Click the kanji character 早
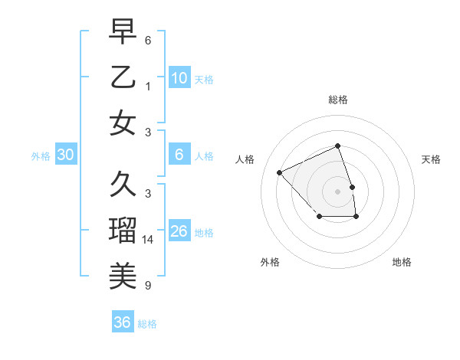(x=123, y=32)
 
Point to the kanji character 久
(x=123, y=185)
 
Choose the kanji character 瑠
(x=123, y=229)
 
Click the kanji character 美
(x=123, y=273)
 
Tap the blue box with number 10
(x=179, y=77)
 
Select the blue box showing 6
(x=179, y=155)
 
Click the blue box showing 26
(x=179, y=231)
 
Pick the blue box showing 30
(x=65, y=155)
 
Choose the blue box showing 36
(x=122, y=322)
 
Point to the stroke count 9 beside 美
(x=148, y=286)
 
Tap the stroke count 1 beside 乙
(x=148, y=87)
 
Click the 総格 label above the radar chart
(x=337, y=100)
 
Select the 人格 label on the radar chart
(x=245, y=159)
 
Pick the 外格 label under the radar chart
(x=270, y=262)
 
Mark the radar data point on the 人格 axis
(x=280, y=172)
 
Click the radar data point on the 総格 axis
(x=337, y=146)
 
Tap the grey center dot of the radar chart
(x=337, y=191)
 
